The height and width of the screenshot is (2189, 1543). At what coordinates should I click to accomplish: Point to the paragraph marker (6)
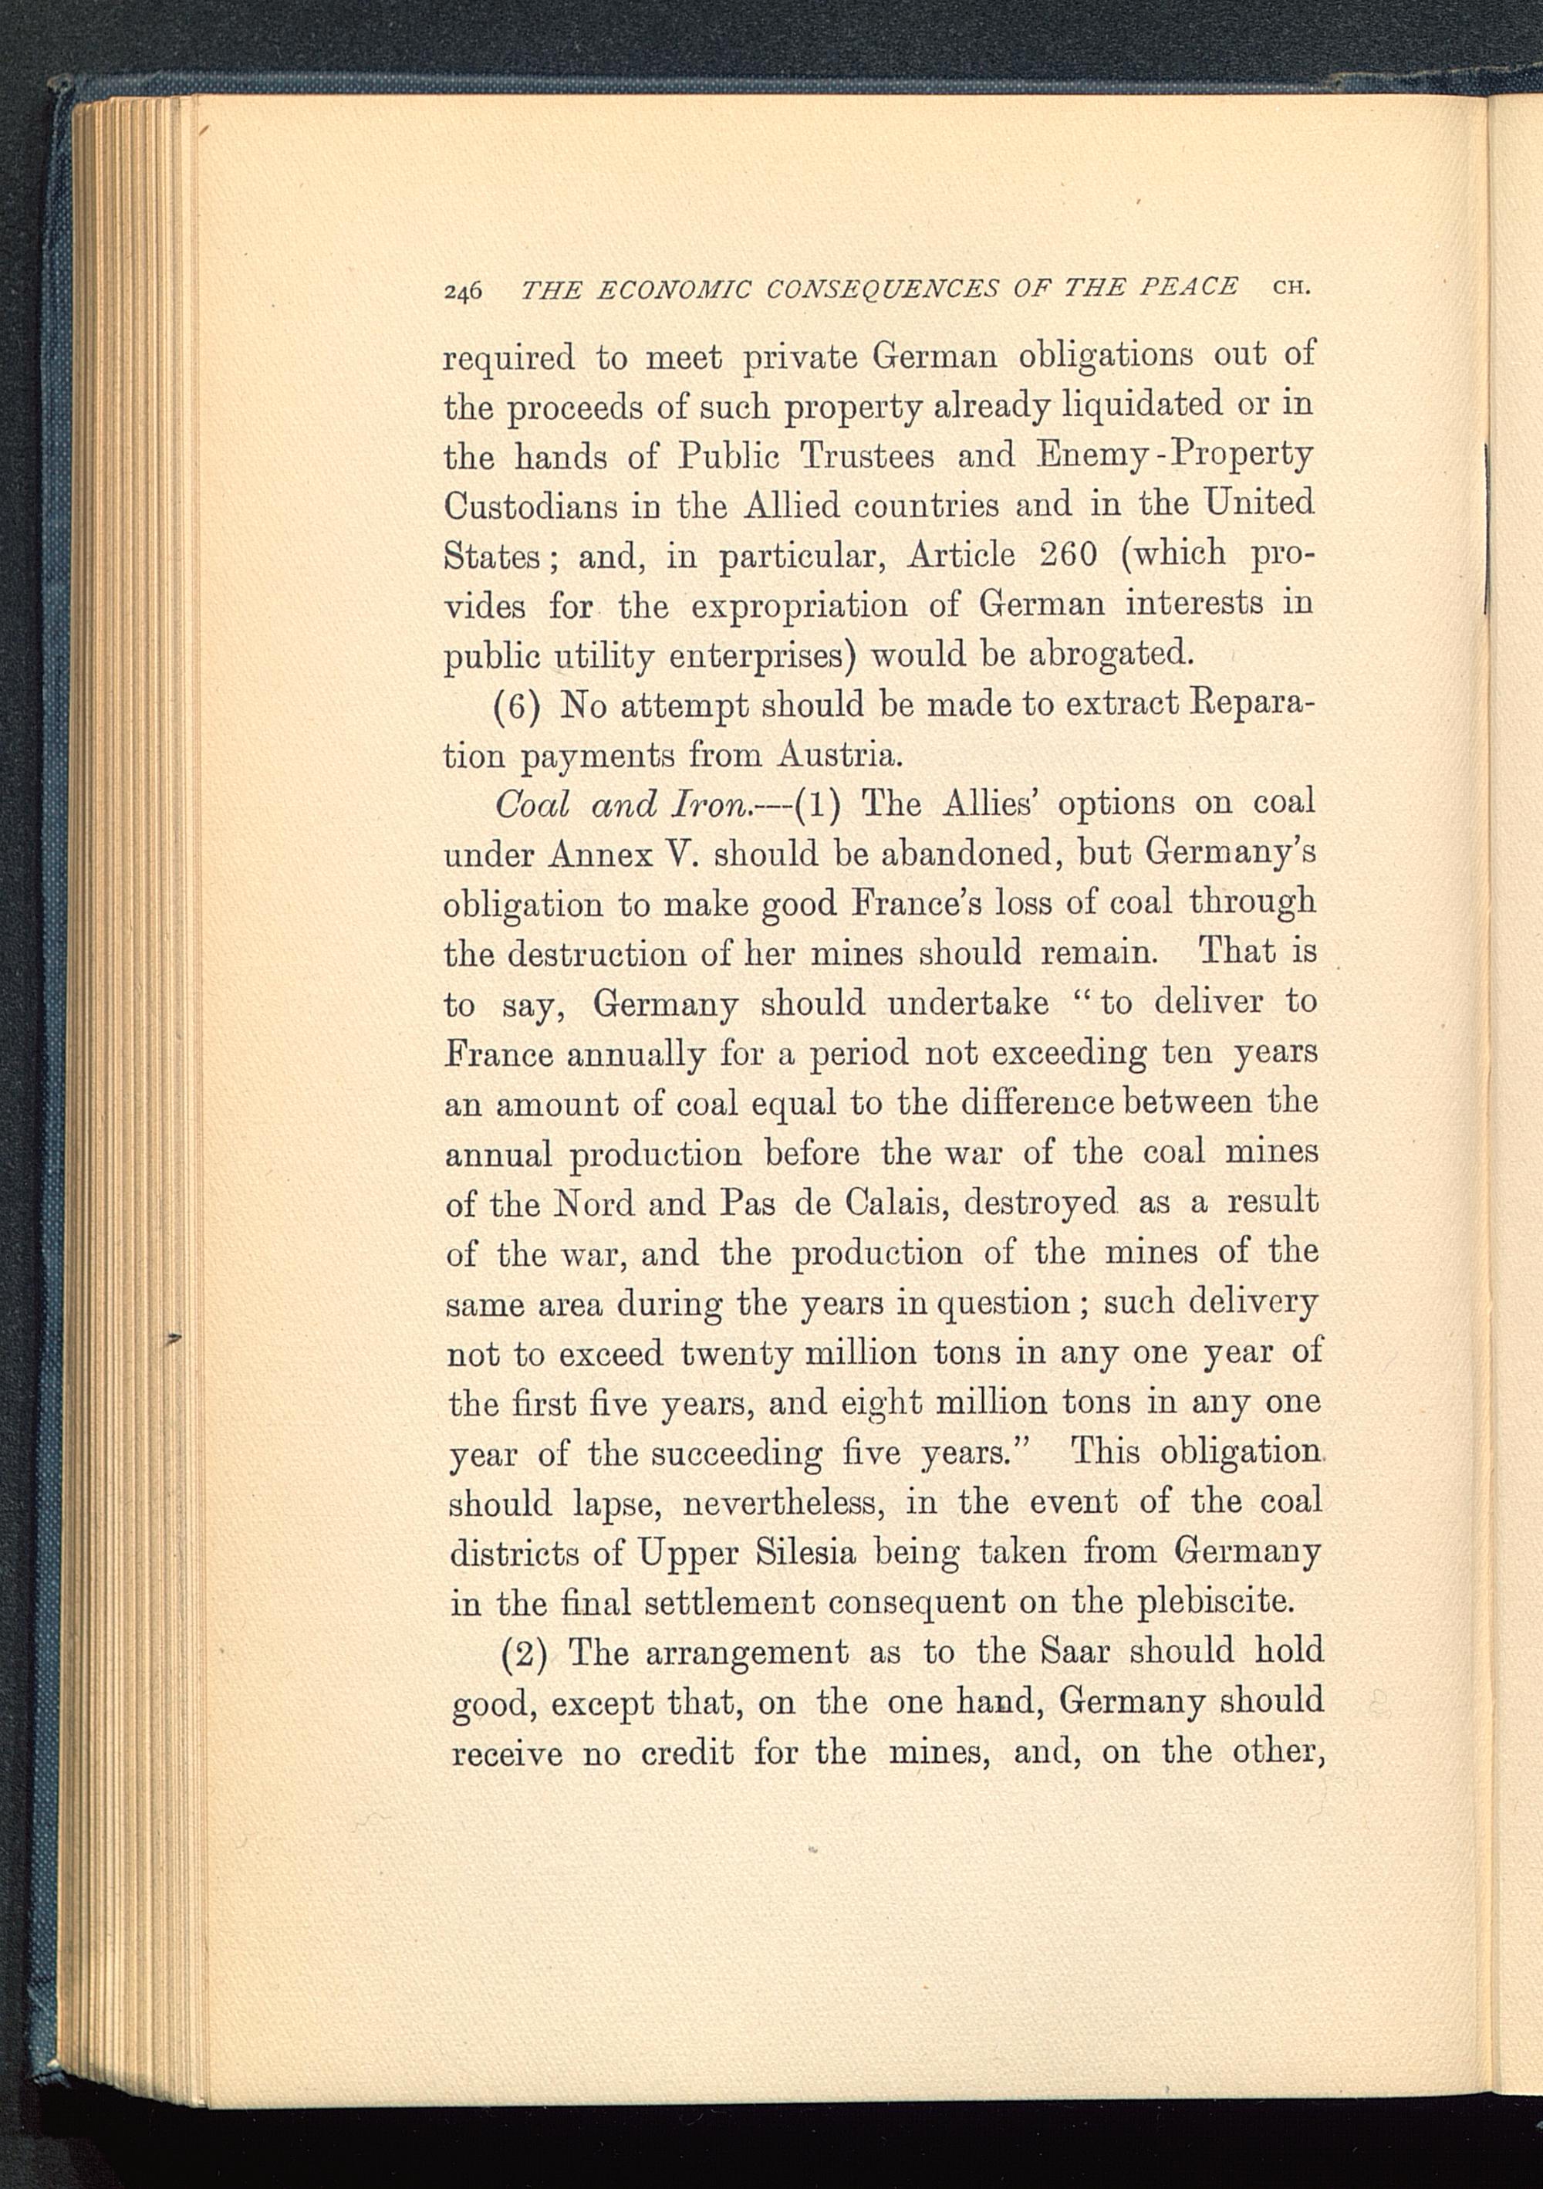pyautogui.click(x=519, y=706)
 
